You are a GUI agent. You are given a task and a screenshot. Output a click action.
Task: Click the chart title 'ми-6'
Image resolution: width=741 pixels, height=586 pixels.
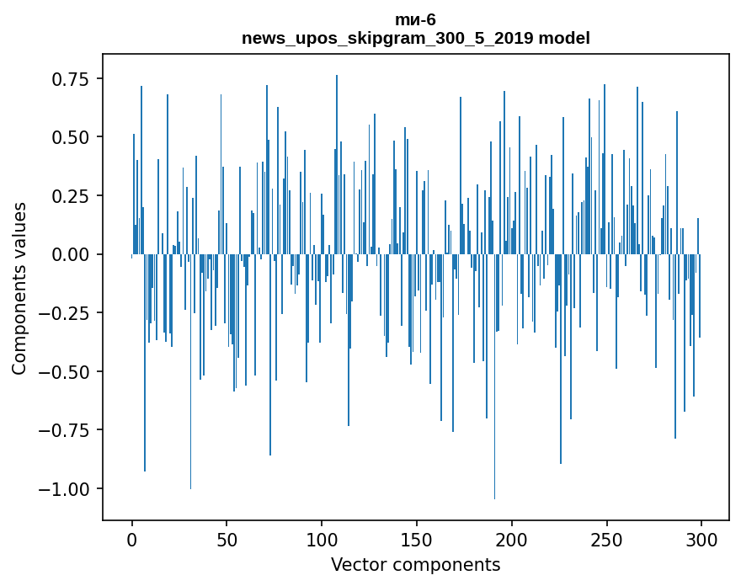[415, 19]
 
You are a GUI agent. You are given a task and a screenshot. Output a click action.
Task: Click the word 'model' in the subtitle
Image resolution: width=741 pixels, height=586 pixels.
[563, 38]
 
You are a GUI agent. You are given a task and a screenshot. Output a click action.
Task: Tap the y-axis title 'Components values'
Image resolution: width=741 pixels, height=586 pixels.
[19, 288]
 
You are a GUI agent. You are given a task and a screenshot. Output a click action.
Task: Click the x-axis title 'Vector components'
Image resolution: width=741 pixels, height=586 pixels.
[415, 565]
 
